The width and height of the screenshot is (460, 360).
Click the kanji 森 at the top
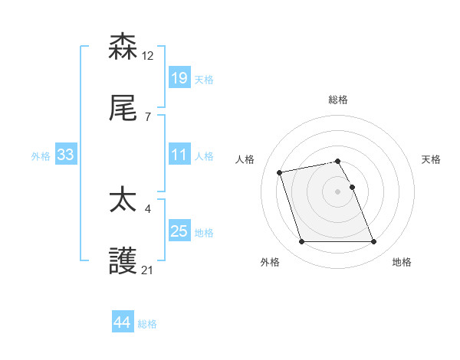click(123, 47)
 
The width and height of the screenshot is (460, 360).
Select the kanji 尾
click(123, 110)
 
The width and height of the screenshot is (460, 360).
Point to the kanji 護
click(123, 263)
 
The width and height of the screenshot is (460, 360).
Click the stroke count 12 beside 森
click(148, 55)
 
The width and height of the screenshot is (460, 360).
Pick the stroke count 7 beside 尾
click(147, 118)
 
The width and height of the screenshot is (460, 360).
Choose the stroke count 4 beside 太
click(147, 208)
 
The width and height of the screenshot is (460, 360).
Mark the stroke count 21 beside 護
click(148, 270)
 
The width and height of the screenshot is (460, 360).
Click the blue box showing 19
click(179, 78)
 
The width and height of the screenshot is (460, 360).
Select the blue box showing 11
click(179, 155)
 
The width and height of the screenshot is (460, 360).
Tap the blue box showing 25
click(179, 231)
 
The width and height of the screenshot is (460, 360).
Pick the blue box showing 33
click(65, 155)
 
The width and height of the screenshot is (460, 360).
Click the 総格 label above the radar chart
click(338, 100)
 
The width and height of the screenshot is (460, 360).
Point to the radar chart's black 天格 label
click(431, 159)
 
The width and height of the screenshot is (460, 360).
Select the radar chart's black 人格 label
click(246, 159)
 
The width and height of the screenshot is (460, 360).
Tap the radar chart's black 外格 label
click(270, 262)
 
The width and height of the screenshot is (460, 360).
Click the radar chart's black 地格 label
click(402, 262)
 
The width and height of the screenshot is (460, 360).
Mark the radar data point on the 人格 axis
click(280, 172)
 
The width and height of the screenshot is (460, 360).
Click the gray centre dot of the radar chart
click(338, 191)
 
